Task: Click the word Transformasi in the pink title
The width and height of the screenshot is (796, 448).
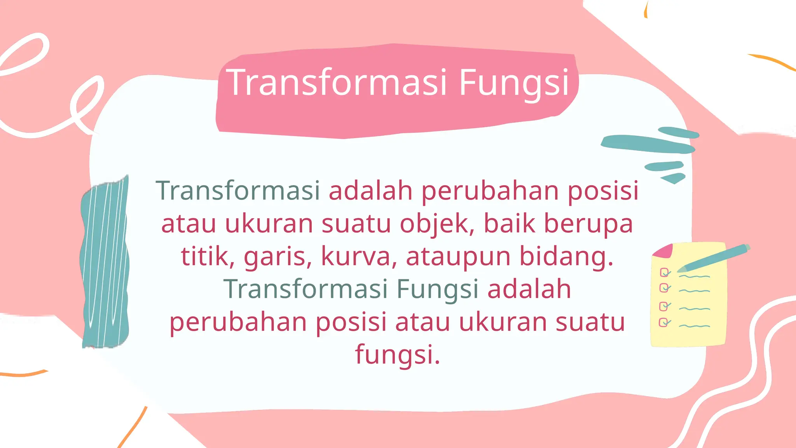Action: point(337,82)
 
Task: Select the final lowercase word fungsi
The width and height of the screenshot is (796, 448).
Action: point(397,355)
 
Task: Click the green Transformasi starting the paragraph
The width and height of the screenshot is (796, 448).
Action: point(238,191)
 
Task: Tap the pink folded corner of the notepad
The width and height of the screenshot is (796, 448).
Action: point(663,251)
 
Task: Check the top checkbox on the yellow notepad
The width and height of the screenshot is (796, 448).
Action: point(664,272)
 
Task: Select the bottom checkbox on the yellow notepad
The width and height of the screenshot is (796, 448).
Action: point(664,322)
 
